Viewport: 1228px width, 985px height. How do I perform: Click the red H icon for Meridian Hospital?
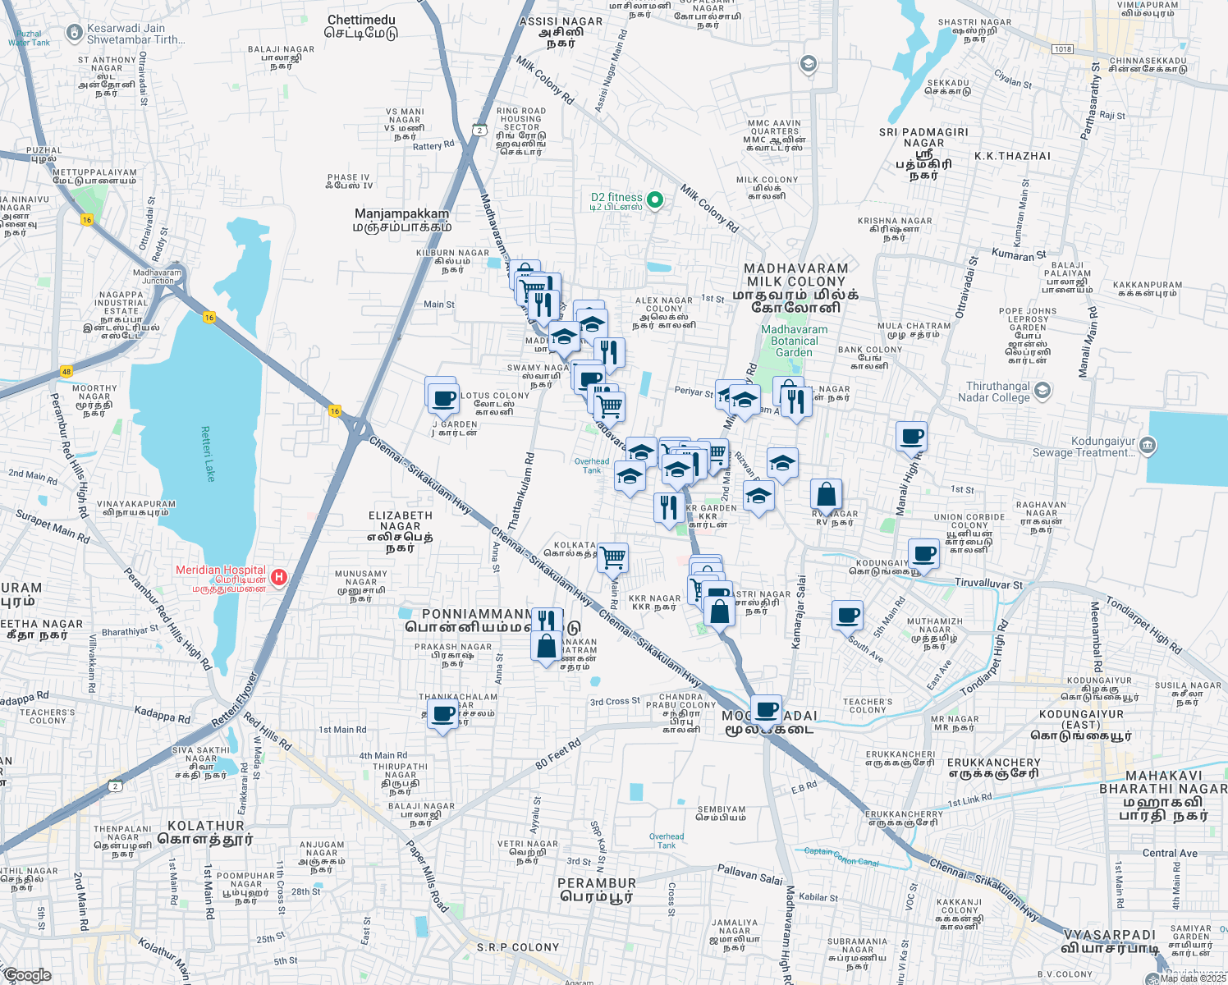coord(279,577)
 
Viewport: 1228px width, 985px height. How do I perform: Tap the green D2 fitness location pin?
coord(655,199)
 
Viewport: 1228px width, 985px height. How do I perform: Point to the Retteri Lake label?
coord(207,453)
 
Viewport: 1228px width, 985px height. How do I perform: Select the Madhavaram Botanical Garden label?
coord(794,341)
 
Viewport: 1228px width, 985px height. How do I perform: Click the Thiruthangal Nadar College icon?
coord(1042,391)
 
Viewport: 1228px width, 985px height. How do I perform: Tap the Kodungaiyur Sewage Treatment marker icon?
coord(1148,446)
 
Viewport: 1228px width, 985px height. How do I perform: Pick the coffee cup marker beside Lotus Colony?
coord(443,399)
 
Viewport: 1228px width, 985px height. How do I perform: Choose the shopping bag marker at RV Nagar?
coord(827,495)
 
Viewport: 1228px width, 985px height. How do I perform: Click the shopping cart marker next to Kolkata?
coord(613,558)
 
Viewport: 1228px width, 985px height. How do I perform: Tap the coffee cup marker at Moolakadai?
coord(767,709)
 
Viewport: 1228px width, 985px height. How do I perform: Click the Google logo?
coord(27,975)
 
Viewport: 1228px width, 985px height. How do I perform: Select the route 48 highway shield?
coord(66,372)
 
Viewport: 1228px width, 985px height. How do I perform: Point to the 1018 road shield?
coord(1063,49)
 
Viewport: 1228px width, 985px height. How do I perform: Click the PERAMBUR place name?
coord(597,883)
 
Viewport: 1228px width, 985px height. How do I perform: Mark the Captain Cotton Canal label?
coord(841,856)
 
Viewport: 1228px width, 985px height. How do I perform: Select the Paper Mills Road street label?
coord(428,876)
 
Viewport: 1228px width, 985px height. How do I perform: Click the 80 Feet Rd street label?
coord(558,754)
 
